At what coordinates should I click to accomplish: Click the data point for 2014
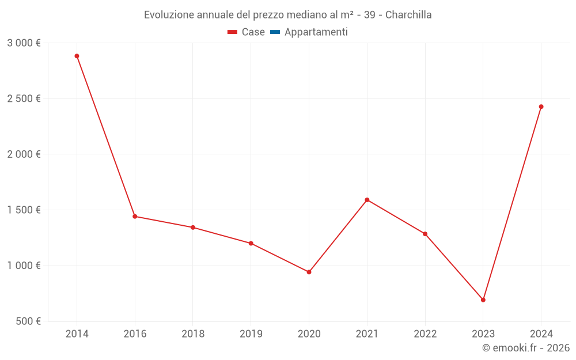pyautogui.click(x=77, y=56)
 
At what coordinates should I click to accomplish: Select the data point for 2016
pyautogui.click(x=135, y=217)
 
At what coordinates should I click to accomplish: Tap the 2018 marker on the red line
pyautogui.click(x=193, y=228)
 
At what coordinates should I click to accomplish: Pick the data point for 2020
pyautogui.click(x=309, y=272)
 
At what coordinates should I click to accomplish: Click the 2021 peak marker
pyautogui.click(x=367, y=200)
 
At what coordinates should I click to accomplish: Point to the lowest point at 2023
pyautogui.click(x=483, y=300)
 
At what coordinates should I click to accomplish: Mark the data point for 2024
pyautogui.click(x=541, y=107)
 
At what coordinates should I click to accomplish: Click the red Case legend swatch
pyautogui.click(x=233, y=32)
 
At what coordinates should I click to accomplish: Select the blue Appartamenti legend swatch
pyautogui.click(x=275, y=32)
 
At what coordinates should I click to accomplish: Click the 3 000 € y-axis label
pyautogui.click(x=24, y=43)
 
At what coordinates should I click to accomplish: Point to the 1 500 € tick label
pyautogui.click(x=24, y=210)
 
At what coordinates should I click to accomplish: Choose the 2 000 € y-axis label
pyautogui.click(x=24, y=154)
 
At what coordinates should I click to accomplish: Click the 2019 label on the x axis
pyautogui.click(x=251, y=334)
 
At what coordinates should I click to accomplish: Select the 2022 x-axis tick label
pyautogui.click(x=425, y=334)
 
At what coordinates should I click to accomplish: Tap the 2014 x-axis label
pyautogui.click(x=77, y=334)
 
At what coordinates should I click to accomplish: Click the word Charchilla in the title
pyautogui.click(x=408, y=15)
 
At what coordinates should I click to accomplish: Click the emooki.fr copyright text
pyautogui.click(x=526, y=348)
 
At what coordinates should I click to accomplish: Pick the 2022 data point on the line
pyautogui.click(x=425, y=234)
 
